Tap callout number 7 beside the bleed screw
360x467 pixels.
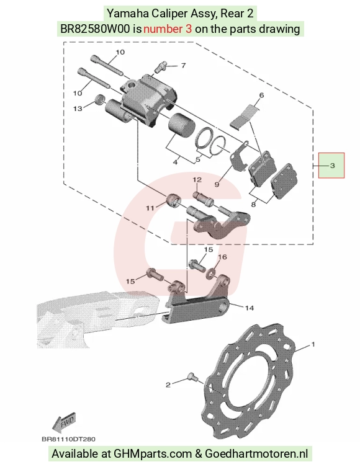[x=183, y=65]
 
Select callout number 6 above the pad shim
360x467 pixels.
[x=261, y=96]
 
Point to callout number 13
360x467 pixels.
[x=78, y=109]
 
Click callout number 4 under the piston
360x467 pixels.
[x=176, y=162]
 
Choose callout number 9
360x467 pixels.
[x=217, y=184]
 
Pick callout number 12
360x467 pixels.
[x=197, y=180]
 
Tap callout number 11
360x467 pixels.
[x=150, y=208]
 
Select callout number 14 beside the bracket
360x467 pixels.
[x=250, y=308]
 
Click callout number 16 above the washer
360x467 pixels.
[x=223, y=257]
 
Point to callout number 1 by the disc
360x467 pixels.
[x=313, y=344]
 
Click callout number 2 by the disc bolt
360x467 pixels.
[x=168, y=385]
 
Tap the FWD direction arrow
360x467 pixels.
[x=64, y=422]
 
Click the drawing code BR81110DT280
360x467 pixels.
[x=68, y=439]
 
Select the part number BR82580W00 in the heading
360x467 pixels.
[x=95, y=29]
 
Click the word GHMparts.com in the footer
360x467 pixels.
[x=153, y=453]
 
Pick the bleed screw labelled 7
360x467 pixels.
[x=161, y=67]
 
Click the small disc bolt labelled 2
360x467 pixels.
[x=192, y=378]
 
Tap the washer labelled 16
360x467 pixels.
[x=211, y=272]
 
